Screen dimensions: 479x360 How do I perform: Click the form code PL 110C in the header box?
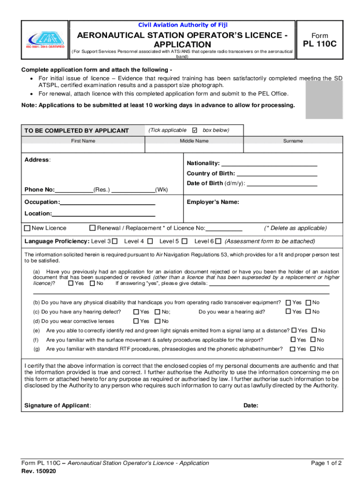[320, 45]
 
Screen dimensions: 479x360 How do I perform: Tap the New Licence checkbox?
[27, 228]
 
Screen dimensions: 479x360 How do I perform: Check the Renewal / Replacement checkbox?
[93, 228]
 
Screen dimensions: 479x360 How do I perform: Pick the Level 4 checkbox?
[150, 241]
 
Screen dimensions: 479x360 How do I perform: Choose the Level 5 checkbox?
[185, 241]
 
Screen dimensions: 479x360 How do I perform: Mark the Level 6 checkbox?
[218, 241]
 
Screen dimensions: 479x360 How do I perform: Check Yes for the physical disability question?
[288, 303]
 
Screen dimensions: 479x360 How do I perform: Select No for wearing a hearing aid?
[308, 312]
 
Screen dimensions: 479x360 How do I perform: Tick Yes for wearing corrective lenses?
[136, 321]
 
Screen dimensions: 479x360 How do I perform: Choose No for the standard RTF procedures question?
[313, 349]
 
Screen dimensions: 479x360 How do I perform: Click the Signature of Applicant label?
[58, 406]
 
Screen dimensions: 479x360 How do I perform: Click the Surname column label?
[293, 141]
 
